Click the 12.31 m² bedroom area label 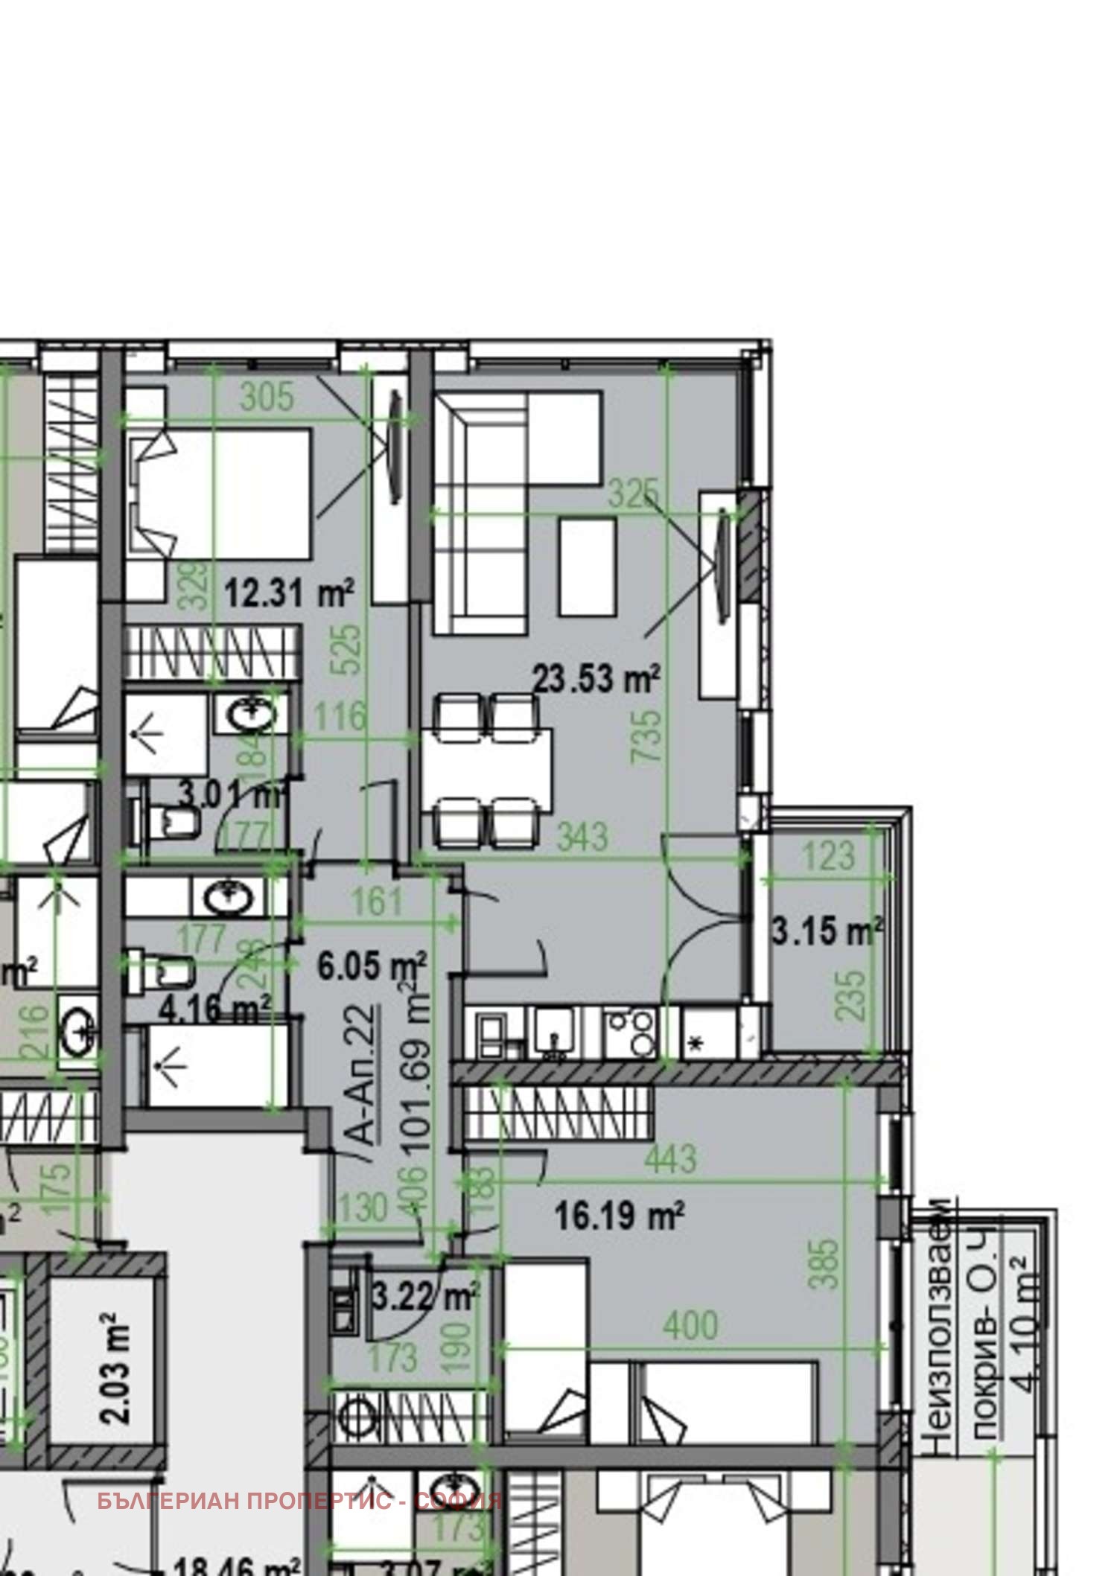(x=288, y=594)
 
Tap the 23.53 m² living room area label (x=596, y=679)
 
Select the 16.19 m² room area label (x=620, y=1216)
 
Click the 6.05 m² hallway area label (x=372, y=966)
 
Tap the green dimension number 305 (x=267, y=397)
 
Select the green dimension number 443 (x=671, y=1159)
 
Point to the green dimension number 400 (x=690, y=1326)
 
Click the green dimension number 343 (x=582, y=837)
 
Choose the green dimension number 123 (x=827, y=856)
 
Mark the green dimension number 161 (x=377, y=902)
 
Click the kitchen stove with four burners (x=631, y=1033)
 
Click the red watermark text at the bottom (x=299, y=1501)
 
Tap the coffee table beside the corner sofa (x=588, y=567)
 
